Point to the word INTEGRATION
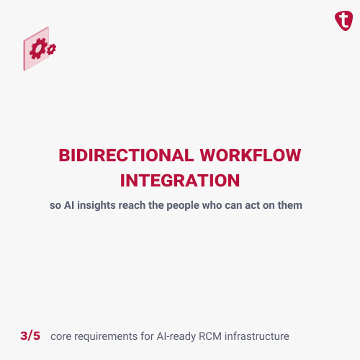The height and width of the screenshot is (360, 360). click(x=179, y=179)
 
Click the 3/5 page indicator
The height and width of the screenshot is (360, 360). click(x=31, y=336)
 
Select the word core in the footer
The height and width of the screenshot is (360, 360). click(x=63, y=336)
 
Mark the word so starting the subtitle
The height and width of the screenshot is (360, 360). click(x=54, y=205)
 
